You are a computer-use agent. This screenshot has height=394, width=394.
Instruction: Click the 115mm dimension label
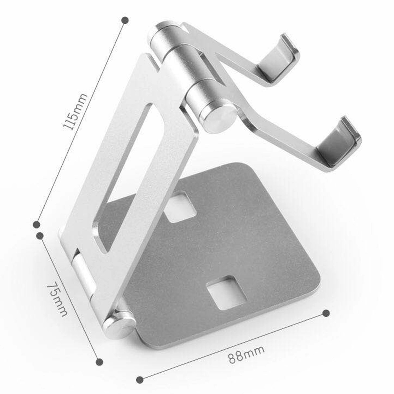(x=76, y=112)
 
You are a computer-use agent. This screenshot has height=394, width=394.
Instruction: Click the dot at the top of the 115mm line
(x=125, y=20)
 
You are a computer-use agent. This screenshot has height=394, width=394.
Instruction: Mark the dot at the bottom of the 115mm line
(x=36, y=225)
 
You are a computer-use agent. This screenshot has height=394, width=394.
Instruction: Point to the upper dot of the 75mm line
(x=40, y=236)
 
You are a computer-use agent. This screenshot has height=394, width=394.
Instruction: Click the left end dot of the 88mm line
(x=140, y=380)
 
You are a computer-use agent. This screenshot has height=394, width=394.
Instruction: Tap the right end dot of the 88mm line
(x=326, y=313)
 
